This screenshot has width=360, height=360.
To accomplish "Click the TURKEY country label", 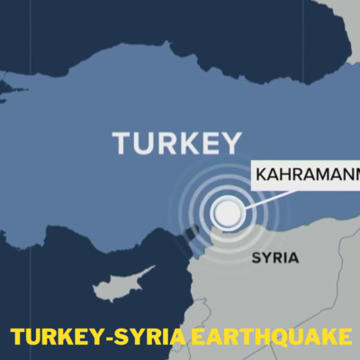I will (177, 143).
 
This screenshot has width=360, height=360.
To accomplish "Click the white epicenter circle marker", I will (227, 212).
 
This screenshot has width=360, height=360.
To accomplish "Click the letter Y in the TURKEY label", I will (231, 143).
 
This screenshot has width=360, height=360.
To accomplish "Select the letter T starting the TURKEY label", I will (122, 143).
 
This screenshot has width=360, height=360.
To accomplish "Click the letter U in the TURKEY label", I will (143, 143).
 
